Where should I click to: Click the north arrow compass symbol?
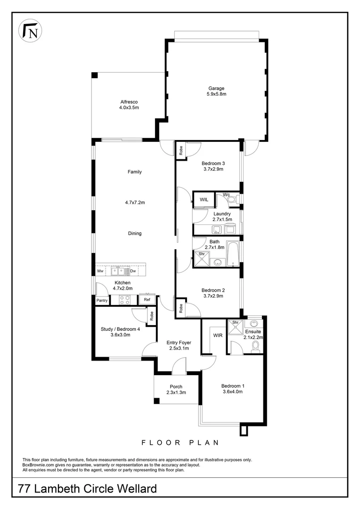click(30, 31)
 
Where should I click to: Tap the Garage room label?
click(216, 88)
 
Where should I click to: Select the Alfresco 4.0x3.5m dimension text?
click(129, 107)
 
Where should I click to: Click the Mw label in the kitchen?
click(100, 271)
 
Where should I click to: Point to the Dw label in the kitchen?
click(133, 271)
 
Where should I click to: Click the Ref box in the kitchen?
click(147, 300)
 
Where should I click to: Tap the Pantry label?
click(102, 300)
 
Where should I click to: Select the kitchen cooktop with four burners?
click(125, 300)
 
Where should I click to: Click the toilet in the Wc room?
click(233, 200)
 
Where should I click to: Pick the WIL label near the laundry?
click(204, 200)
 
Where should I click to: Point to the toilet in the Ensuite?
click(256, 346)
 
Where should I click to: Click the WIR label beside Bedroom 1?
click(218, 336)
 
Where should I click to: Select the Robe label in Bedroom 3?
click(181, 150)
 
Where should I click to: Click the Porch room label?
click(176, 386)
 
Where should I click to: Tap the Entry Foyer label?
click(179, 343)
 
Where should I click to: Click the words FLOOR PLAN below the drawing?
click(180, 443)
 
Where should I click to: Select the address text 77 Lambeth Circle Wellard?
click(87, 489)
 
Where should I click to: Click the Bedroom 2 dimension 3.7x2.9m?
click(213, 296)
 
